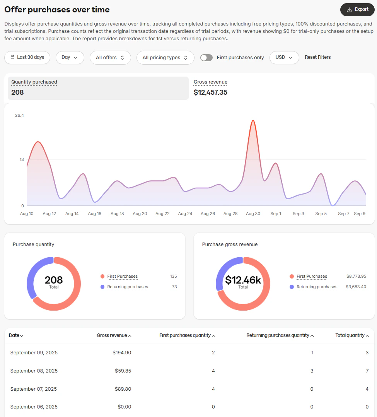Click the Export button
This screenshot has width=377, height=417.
coord(357,10)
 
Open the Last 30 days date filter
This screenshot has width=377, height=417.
coord(27,57)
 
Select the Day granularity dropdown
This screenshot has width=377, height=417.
coord(70,57)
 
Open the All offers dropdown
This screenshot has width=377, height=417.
coord(110,58)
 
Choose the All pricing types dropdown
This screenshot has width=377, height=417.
coord(165,58)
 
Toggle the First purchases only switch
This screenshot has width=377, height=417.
coord(206,58)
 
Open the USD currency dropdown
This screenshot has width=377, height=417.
coord(284,57)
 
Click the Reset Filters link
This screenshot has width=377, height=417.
coord(317,57)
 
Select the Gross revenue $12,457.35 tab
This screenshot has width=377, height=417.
coord(210,88)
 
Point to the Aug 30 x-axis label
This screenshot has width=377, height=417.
coord(253,214)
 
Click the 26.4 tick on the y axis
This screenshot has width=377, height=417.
coord(19,115)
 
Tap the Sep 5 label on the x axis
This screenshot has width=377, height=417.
coord(321,214)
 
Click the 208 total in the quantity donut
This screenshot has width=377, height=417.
coord(54,280)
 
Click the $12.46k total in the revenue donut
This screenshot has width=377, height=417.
coord(243,280)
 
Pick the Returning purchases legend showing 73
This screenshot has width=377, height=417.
coord(128,287)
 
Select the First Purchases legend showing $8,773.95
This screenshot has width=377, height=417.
coord(312,277)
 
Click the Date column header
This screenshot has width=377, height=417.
coord(16,335)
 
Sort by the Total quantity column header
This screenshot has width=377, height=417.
coord(352,335)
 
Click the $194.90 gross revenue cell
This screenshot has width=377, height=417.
coord(122,353)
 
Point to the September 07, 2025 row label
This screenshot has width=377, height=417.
coord(34,389)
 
